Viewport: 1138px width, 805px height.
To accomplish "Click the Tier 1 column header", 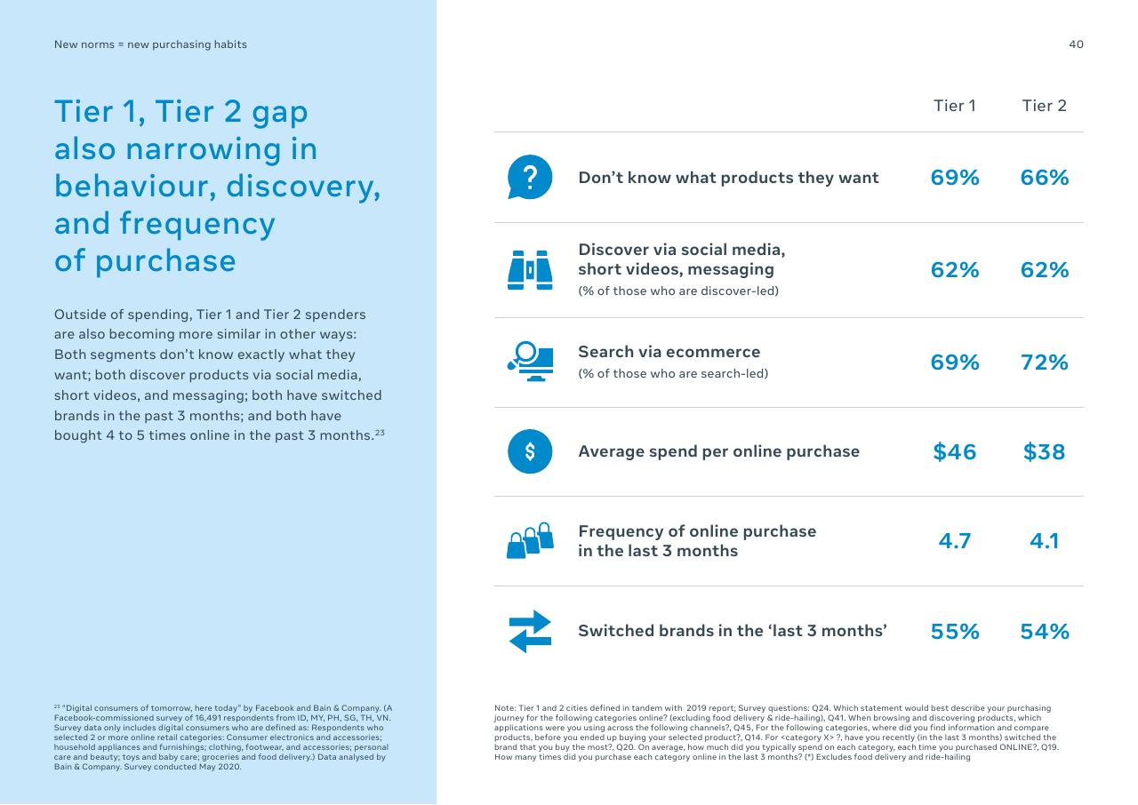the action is (x=955, y=106).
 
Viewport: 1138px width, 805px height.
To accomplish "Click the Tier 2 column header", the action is (x=1044, y=106).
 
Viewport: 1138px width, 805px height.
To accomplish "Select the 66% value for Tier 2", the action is (x=1045, y=178).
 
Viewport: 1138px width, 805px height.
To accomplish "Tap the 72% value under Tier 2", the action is (x=1045, y=363).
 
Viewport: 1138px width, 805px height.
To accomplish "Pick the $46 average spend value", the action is (x=955, y=451).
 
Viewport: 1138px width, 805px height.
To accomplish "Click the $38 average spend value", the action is (x=1044, y=451).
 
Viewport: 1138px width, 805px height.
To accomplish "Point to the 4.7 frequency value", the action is (x=955, y=541).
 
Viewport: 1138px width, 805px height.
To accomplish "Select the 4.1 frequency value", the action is (x=1044, y=541).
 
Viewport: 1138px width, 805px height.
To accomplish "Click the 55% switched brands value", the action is (x=955, y=632).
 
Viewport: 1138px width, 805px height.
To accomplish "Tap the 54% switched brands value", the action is (x=1045, y=632).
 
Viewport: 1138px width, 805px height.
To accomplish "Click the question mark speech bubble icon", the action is (x=530, y=177).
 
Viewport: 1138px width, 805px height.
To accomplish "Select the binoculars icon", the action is (x=530, y=270).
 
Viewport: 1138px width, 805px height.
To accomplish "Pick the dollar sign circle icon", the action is (x=530, y=451).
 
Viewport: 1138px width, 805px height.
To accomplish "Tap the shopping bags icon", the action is (x=530, y=540).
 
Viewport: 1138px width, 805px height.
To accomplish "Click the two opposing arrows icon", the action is (x=530, y=632).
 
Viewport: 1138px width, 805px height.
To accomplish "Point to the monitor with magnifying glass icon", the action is (x=530, y=361).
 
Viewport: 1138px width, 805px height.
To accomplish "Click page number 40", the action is (x=1076, y=44).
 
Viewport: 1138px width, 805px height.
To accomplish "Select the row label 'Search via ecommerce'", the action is (x=669, y=352).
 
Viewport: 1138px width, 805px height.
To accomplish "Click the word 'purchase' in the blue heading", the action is (x=165, y=262).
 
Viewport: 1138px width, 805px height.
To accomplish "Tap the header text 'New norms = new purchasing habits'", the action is (x=150, y=44).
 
